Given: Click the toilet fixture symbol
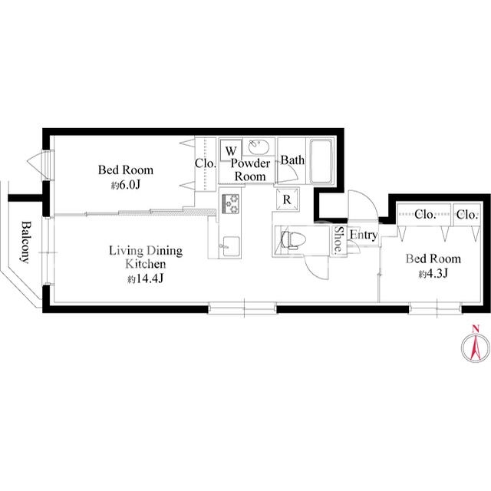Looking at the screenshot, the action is click(289, 240).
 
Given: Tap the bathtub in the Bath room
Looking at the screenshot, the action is click(321, 162).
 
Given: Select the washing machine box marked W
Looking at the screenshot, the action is click(231, 150).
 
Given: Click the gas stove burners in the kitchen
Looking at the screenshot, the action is click(230, 204).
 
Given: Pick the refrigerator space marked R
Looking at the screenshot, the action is click(287, 199).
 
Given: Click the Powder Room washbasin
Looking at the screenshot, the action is click(259, 147).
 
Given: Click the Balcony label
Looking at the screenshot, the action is click(26, 242).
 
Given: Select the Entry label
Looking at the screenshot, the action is click(363, 235).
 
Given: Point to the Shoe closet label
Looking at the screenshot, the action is click(338, 239).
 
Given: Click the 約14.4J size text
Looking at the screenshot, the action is click(146, 278).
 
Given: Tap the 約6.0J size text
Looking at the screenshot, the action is click(125, 185).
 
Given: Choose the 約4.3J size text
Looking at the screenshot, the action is click(433, 274).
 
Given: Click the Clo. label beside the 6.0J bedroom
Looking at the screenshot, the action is click(206, 163).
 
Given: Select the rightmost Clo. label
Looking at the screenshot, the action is click(467, 215).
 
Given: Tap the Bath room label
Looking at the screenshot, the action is click(292, 160).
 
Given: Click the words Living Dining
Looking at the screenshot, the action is click(146, 251).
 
